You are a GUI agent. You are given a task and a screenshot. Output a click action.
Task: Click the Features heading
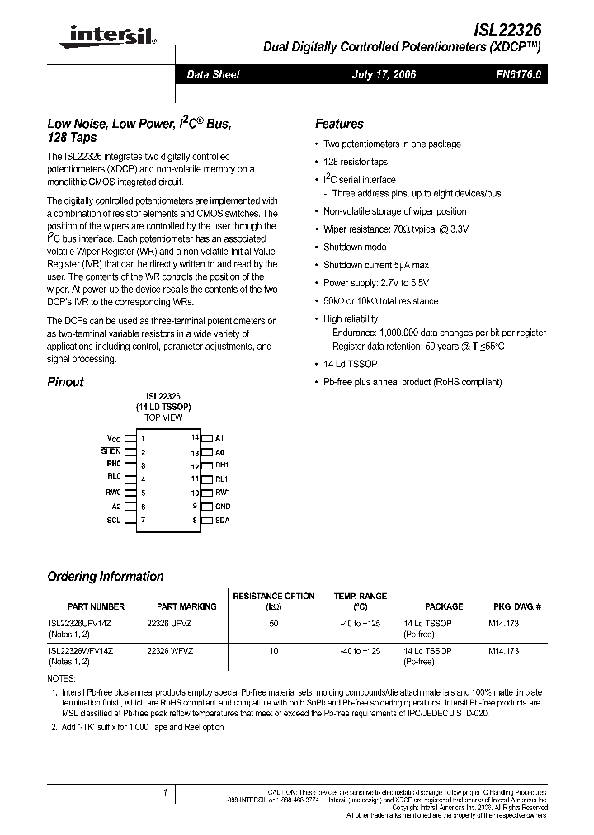(339, 124)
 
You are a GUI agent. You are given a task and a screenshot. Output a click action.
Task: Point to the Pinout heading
(66, 382)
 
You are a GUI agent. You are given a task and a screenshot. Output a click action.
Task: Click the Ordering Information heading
(106, 577)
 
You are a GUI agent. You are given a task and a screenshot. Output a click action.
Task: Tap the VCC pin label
(114, 439)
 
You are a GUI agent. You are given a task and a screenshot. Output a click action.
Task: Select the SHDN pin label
(111, 452)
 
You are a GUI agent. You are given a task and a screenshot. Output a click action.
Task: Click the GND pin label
(223, 506)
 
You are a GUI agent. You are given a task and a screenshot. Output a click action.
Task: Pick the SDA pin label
(222, 520)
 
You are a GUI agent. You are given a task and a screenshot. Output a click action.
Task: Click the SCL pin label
(114, 520)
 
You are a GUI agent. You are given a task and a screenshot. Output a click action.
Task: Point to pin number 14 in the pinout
(195, 438)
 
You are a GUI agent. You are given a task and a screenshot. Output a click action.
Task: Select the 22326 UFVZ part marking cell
(170, 625)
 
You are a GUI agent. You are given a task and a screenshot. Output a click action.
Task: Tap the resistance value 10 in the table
(274, 651)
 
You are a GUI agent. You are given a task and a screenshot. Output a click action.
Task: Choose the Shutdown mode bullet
(355, 247)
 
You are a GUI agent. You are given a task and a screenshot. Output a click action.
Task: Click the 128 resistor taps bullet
(356, 162)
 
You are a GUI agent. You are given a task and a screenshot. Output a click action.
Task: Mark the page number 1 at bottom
(166, 793)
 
